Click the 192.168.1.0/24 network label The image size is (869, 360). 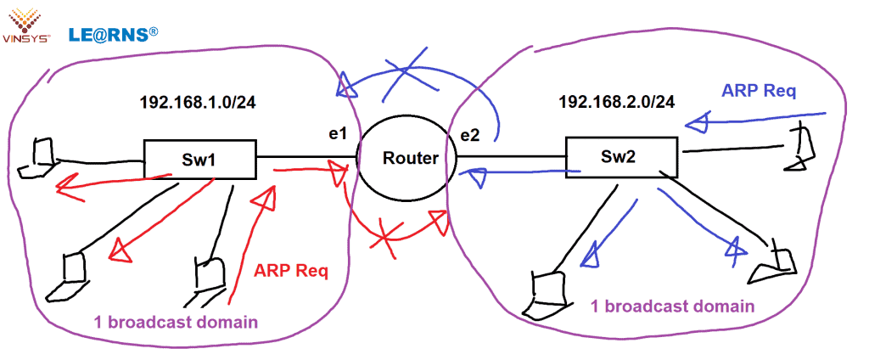(x=197, y=103)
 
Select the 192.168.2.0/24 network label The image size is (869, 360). (x=616, y=102)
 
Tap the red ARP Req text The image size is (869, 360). (x=291, y=272)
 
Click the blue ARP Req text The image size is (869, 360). (x=759, y=91)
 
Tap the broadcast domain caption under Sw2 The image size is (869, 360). (x=673, y=307)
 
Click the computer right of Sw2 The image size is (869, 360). (x=799, y=146)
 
